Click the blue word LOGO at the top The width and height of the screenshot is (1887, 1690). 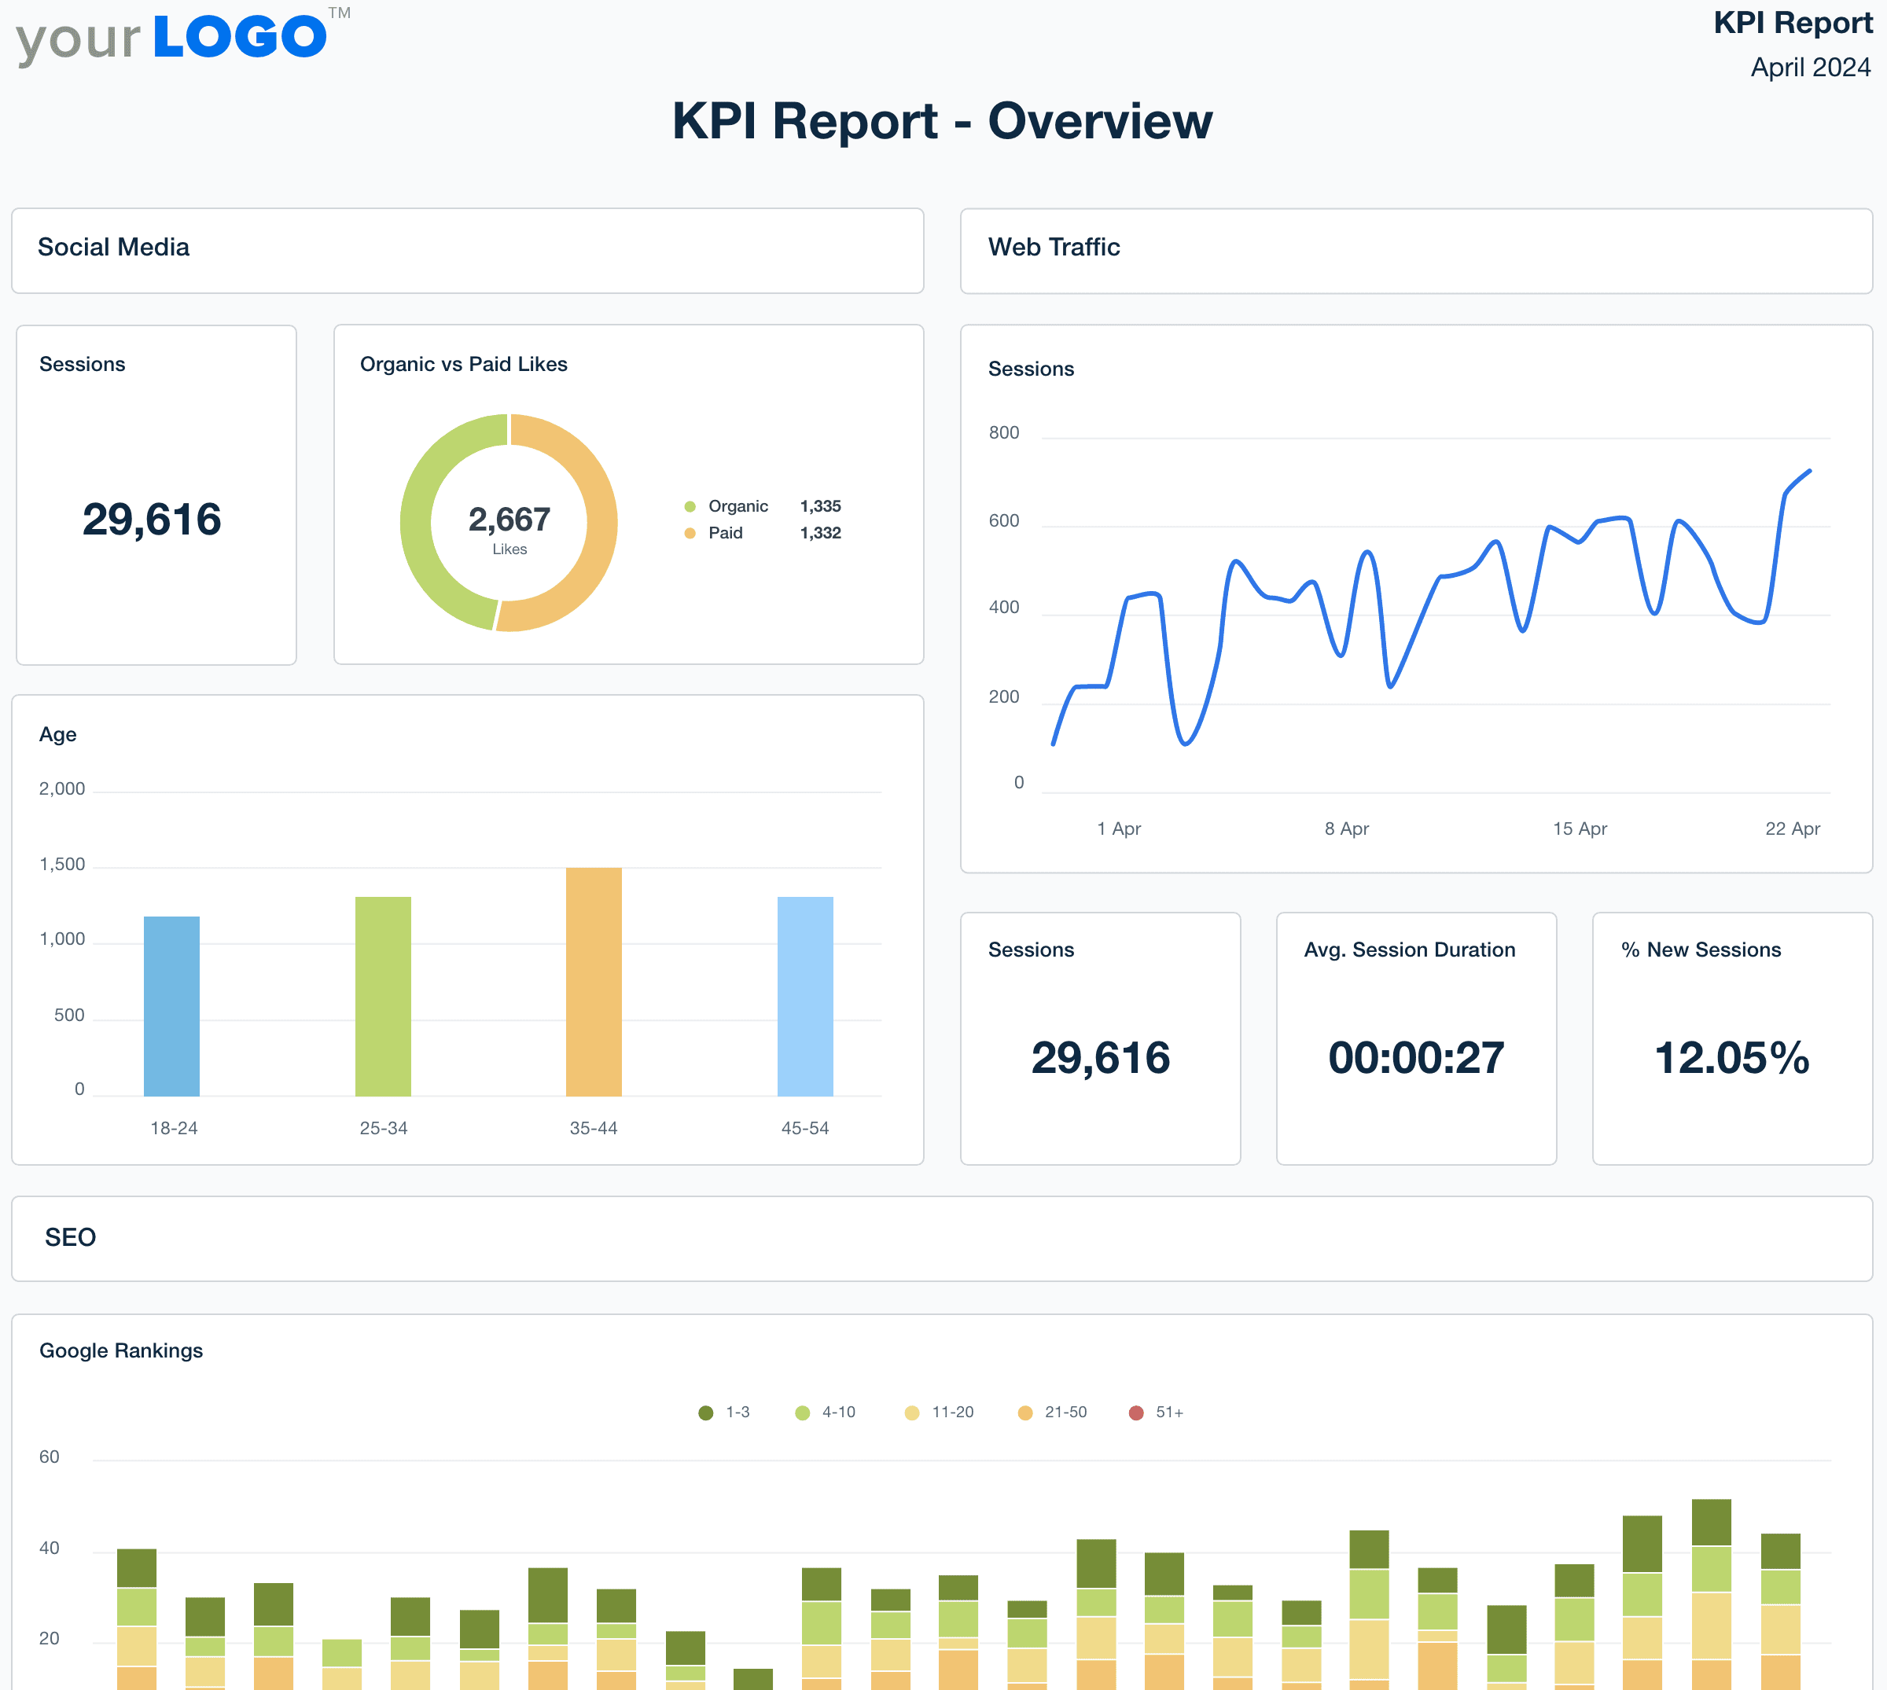point(240,37)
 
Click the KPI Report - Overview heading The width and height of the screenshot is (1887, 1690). point(942,121)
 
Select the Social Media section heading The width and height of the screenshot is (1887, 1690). point(113,247)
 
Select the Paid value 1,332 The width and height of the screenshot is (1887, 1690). point(820,533)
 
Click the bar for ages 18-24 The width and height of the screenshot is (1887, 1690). point(172,1005)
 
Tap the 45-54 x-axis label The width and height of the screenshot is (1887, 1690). point(804,1128)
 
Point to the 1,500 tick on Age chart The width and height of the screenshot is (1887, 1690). point(62,865)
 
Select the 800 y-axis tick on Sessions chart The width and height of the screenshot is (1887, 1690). point(1003,432)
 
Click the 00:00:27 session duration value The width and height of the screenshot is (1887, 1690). point(1415,1058)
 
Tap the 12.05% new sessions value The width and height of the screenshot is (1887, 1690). point(1731,1058)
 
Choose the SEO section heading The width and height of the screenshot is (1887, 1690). point(71,1237)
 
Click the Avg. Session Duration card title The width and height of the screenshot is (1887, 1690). point(1409,949)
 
